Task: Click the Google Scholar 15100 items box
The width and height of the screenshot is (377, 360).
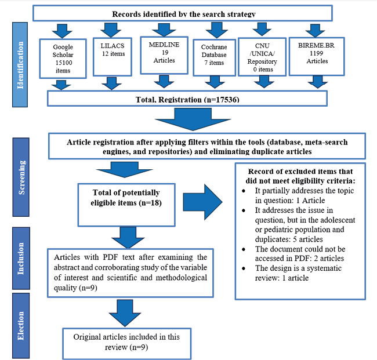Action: pos(61,58)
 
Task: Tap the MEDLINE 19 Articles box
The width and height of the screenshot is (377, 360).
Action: pos(158,56)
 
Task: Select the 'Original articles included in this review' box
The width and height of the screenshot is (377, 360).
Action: pos(128,341)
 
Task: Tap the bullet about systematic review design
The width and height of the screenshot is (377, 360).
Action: pos(302,272)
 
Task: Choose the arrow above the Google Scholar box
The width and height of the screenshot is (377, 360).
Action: pos(60,30)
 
